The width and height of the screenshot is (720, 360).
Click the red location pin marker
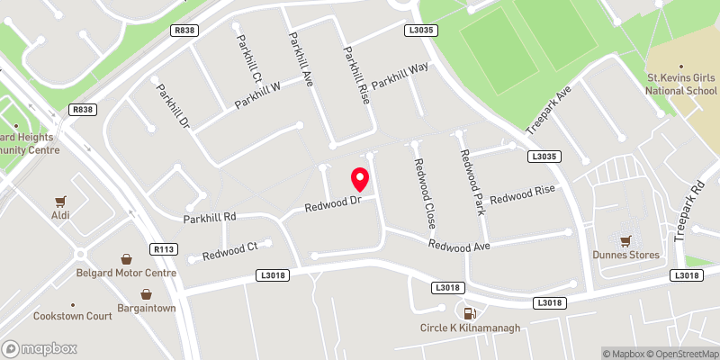pos(360,179)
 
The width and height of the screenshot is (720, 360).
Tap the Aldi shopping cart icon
pos(61,202)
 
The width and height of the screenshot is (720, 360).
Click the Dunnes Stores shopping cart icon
pos(625,240)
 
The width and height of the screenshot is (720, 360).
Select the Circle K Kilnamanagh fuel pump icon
pos(468,312)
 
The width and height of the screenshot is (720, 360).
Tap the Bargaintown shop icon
pos(146,294)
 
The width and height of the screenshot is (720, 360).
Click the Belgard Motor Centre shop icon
pos(127,258)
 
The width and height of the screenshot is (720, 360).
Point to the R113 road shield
pos(164,248)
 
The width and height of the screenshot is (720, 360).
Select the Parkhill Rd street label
pos(210,218)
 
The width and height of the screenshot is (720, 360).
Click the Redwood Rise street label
pos(523,194)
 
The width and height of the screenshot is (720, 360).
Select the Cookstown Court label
pos(72,316)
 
